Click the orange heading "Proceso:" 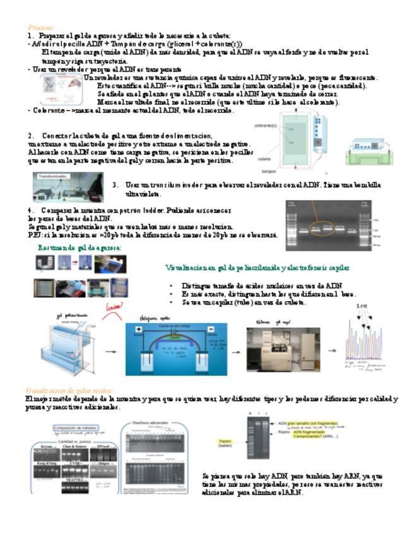click(x=41, y=28)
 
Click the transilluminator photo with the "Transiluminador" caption click(x=68, y=187)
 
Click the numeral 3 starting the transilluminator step click(x=115, y=185)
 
